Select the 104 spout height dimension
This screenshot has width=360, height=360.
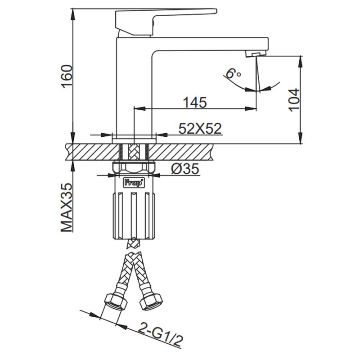click(x=293, y=99)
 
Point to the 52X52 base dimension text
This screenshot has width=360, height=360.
click(x=200, y=129)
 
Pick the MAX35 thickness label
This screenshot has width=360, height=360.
click(x=67, y=207)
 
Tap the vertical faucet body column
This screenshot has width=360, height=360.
click(x=134, y=90)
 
